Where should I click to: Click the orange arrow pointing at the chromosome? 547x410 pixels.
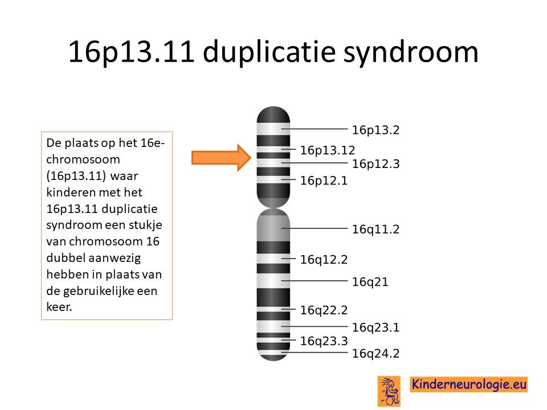tap(221, 158)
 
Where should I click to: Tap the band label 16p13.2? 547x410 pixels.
tap(375, 130)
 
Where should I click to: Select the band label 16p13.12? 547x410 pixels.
tap(328, 150)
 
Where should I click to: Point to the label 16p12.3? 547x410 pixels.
tap(375, 164)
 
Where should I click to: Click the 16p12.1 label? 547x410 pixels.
tap(324, 181)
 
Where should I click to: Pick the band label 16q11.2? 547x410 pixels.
tap(375, 229)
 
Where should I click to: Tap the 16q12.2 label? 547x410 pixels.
tap(324, 260)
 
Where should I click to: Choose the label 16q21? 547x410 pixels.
tap(370, 282)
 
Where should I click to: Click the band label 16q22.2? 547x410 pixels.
tap(324, 310)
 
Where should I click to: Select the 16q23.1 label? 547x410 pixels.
tap(375, 328)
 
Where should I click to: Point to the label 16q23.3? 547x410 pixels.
tap(324, 341)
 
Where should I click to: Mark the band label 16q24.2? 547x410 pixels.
tap(375, 354)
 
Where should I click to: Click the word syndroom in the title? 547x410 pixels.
tap(411, 52)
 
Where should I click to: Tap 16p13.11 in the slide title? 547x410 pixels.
tap(131, 51)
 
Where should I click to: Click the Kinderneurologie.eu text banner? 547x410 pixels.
tap(468, 384)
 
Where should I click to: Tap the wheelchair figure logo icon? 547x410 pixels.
tap(389, 391)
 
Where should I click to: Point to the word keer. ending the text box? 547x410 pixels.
tap(59, 307)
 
